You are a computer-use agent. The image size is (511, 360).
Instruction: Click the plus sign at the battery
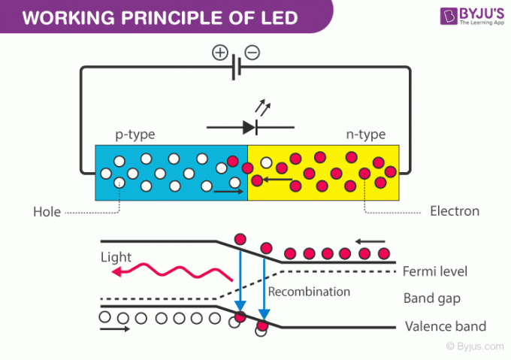(x=219, y=53)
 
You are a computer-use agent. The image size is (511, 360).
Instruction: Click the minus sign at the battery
(x=253, y=53)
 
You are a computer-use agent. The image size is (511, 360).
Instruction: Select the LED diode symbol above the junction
(x=247, y=126)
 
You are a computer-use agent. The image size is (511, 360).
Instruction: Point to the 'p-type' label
(x=135, y=135)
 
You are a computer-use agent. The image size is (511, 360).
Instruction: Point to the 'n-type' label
(x=365, y=135)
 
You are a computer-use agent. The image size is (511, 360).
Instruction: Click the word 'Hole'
(x=47, y=212)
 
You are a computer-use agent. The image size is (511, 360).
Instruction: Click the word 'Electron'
(x=454, y=211)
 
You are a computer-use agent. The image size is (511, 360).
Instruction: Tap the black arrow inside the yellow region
(x=278, y=179)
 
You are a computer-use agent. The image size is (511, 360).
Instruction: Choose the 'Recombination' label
(x=309, y=292)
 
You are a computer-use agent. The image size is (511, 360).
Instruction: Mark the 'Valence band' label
(x=445, y=326)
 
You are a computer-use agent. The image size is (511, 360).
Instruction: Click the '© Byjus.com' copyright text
(x=473, y=346)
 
